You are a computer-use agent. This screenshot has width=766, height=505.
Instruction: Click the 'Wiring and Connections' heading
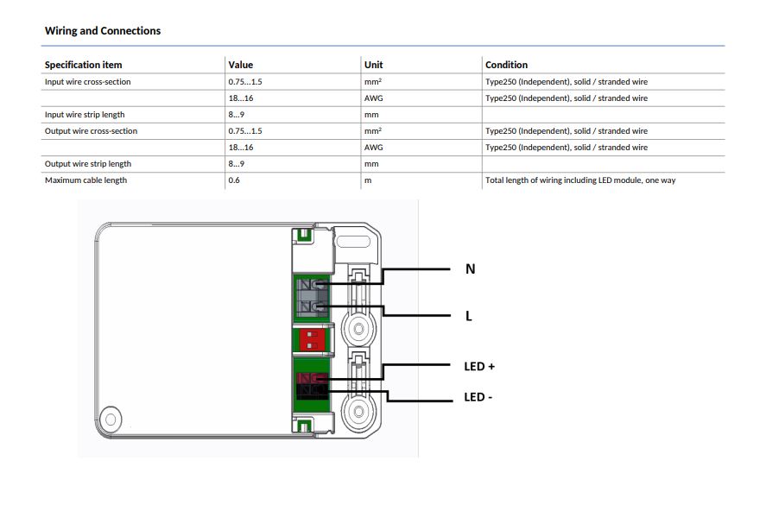[x=103, y=31]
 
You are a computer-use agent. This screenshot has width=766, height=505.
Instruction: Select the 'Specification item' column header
[x=83, y=65]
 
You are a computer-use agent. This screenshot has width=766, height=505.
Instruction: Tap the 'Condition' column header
[x=506, y=65]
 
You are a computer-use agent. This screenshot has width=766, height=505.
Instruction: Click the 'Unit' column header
[x=373, y=65]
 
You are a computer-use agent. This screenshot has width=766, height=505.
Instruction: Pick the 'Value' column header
[x=240, y=65]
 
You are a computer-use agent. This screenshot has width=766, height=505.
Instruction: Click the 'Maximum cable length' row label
[x=85, y=180]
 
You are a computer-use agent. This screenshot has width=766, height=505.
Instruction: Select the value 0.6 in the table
[x=234, y=180]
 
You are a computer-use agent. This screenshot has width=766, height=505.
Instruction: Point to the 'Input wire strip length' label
[x=85, y=115]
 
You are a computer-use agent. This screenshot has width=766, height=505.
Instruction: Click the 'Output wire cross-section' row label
[x=91, y=131]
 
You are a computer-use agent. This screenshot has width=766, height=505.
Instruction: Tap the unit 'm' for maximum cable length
[x=368, y=180]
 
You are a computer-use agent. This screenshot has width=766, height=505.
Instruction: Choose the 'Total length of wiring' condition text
[x=580, y=180]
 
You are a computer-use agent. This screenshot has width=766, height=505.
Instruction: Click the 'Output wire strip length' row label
[x=88, y=164]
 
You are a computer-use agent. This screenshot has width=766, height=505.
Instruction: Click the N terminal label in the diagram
[x=470, y=269]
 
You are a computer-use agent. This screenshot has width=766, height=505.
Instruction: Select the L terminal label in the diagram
[x=468, y=316]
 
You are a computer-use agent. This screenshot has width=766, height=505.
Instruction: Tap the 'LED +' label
[x=479, y=366]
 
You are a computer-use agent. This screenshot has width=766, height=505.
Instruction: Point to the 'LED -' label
[x=478, y=397]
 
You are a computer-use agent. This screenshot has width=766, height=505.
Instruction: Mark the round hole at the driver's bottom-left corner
[x=111, y=420]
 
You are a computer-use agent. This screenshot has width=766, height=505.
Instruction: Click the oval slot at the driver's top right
[x=353, y=242]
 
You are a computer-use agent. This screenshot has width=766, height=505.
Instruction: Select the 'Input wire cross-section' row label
[x=87, y=82]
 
